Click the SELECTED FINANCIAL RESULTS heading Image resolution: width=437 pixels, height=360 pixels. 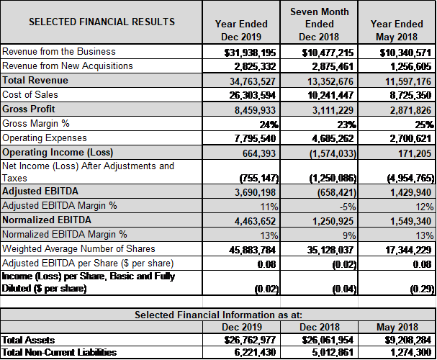102,22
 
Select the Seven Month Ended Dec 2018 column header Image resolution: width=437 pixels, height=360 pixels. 319,24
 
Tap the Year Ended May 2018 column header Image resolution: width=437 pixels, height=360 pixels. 397,30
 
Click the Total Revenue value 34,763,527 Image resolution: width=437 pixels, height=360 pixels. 253,81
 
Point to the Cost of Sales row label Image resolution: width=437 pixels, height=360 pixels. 30,95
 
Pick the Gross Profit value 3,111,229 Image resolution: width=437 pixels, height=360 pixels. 333,110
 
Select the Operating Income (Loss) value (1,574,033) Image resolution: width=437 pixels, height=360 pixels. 333,153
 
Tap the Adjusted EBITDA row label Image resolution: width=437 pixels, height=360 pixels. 40,191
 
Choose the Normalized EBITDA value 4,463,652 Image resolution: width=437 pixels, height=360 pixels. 255,221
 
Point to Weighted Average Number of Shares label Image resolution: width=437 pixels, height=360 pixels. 78,248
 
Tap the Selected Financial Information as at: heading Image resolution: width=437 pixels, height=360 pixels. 219,315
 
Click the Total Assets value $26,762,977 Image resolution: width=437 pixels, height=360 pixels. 250,340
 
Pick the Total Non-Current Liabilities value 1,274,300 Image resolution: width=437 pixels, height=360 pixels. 411,353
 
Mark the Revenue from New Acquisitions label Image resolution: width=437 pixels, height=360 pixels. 68,66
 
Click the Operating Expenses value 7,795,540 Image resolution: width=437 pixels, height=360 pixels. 255,138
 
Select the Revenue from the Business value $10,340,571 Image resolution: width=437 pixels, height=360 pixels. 405,53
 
